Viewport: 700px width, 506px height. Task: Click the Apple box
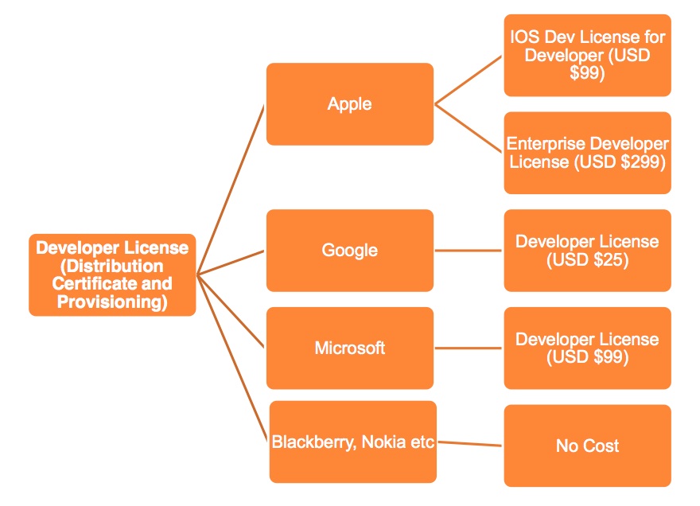[349, 104]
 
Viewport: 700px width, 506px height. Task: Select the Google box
[349, 250]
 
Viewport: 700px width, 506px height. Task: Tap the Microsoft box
[349, 348]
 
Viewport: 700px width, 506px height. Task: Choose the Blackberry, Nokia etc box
[353, 442]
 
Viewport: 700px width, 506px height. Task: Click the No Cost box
[587, 446]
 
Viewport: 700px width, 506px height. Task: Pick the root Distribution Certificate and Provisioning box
[112, 275]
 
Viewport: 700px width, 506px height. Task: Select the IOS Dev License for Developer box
[587, 55]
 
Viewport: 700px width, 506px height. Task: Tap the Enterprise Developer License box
[587, 153]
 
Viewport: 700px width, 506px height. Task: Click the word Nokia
[387, 442]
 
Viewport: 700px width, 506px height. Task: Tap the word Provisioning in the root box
[112, 302]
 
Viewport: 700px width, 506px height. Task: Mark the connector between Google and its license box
[469, 251]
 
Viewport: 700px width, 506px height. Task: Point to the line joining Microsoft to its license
[469, 348]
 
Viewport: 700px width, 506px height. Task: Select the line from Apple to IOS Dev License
[469, 80]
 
